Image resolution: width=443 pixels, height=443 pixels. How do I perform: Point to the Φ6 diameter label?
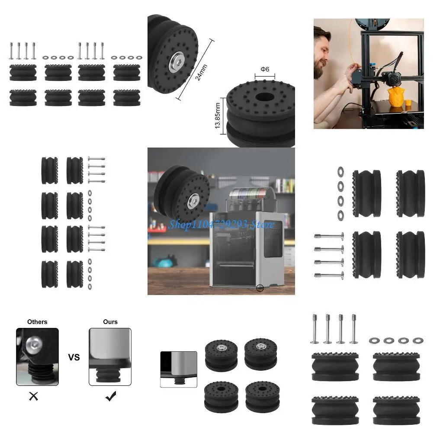(x=265, y=70)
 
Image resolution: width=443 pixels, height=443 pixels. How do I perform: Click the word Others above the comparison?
(x=37, y=322)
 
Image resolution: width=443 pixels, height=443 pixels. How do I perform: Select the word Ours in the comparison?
(x=110, y=322)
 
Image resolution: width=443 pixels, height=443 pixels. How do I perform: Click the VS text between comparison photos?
(x=74, y=357)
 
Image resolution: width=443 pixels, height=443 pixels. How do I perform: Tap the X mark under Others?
(x=33, y=396)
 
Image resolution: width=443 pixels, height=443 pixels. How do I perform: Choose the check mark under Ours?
(x=111, y=396)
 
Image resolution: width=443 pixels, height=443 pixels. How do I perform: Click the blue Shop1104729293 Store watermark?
(x=221, y=225)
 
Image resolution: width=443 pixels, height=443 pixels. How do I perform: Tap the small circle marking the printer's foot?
(x=260, y=288)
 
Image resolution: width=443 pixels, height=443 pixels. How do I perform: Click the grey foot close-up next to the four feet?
(x=179, y=369)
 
